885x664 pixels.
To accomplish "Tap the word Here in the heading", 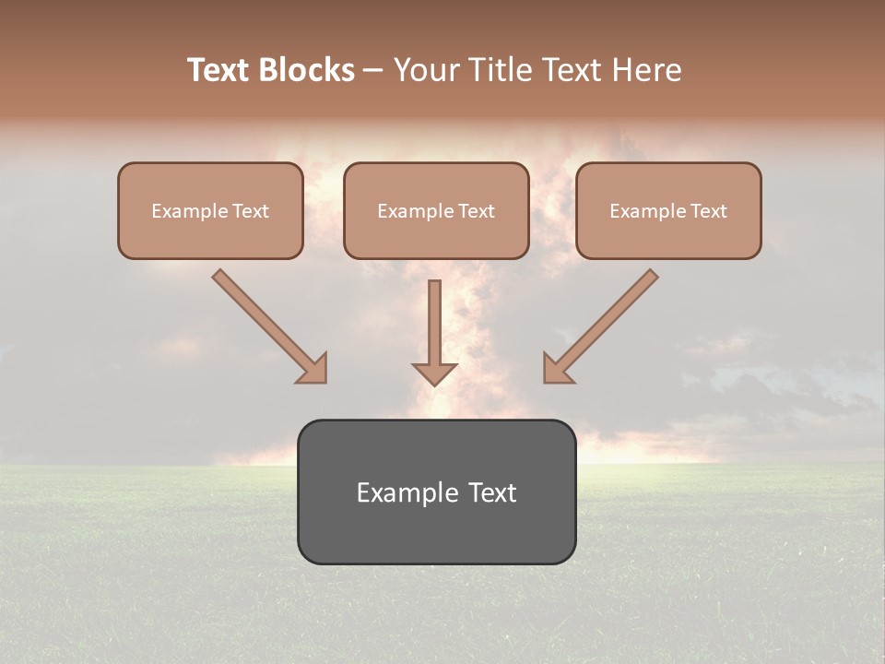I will (x=646, y=70).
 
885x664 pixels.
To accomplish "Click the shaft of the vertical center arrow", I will (x=434, y=318).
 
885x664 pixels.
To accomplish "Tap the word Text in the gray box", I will (x=491, y=492).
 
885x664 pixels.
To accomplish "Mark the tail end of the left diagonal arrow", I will (x=219, y=276).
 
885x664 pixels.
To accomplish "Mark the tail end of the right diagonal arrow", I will (x=651, y=276).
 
